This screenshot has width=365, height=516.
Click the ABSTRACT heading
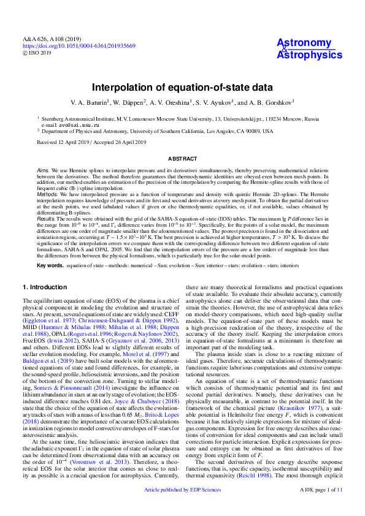coord(182,159)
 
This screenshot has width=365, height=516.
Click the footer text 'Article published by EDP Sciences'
coord(182,507)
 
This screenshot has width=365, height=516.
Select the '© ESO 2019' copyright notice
coord(37,53)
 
